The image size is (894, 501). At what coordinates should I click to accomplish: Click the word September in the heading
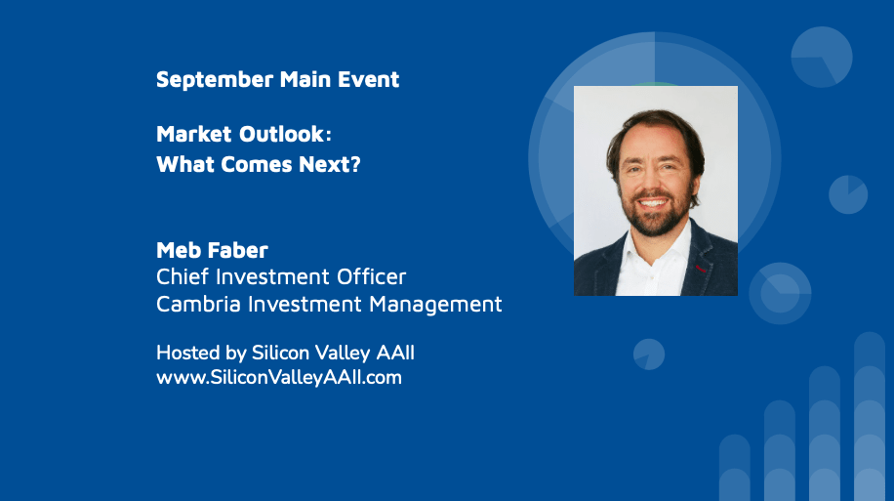coord(215,80)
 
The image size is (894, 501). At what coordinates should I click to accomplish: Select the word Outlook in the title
coord(282,134)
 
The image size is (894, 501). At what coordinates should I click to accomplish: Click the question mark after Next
coord(355,164)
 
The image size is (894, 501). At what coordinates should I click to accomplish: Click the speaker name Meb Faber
coord(212,250)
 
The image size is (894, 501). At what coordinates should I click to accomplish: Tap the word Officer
coord(371,276)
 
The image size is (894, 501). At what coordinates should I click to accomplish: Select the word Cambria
coord(198,304)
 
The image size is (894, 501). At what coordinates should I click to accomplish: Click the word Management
coord(435,305)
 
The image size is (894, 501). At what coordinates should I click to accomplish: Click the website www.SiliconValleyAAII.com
coord(279,377)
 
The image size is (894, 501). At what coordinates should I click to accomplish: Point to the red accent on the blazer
coord(701,269)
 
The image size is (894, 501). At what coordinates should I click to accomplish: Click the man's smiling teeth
coord(653,203)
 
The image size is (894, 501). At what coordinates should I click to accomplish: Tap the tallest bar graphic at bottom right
coord(870,417)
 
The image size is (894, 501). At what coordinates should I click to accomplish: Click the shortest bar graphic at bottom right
coord(734,468)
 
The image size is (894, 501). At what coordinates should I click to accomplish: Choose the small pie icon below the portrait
coord(649,355)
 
